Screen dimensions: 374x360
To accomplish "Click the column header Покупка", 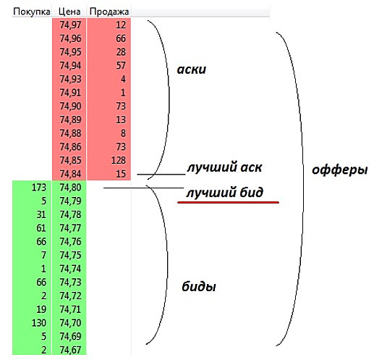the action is click(x=32, y=12).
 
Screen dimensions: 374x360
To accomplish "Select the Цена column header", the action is click(x=69, y=12).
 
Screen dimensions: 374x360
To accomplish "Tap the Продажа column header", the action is click(x=109, y=12).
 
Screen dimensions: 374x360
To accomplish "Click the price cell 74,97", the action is click(x=70, y=25).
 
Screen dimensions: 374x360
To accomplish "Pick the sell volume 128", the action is click(x=119, y=160).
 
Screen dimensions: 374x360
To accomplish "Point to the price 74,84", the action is click(x=70, y=174).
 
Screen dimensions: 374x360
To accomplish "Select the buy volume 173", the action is click(x=39, y=188).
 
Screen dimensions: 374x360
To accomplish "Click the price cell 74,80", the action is click(x=70, y=188).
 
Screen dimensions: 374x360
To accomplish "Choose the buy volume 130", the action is click(x=39, y=323).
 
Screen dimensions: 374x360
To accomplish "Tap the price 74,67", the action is click(x=70, y=350).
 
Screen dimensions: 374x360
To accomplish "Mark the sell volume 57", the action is click(x=121, y=66).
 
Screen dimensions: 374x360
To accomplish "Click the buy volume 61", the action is click(x=41, y=228).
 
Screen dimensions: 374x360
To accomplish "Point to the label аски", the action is click(x=192, y=70).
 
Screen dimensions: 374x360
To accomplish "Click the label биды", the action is click(x=199, y=286).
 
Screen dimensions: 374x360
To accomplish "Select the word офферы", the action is click(x=340, y=170).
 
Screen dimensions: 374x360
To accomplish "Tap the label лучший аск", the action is click(x=224, y=167).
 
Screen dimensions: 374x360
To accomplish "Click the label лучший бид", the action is click(x=224, y=193).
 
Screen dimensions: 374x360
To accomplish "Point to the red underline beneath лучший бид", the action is click(x=228, y=202).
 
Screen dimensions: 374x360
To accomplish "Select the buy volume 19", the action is click(x=41, y=309).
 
